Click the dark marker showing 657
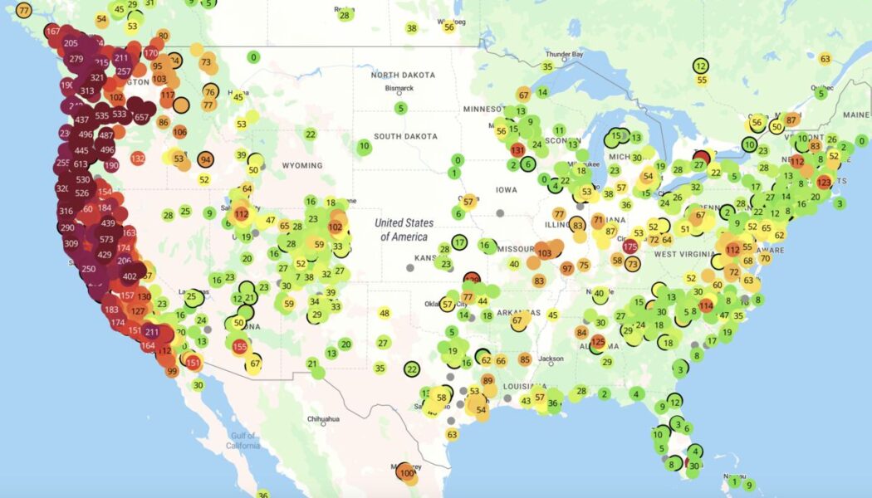point(141,117)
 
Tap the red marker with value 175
point(630,247)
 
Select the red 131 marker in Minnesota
point(517,150)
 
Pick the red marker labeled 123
point(824,182)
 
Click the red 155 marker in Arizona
point(240,347)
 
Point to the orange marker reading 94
point(204,160)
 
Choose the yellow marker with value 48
point(384,313)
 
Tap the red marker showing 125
point(597,341)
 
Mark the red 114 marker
point(706,305)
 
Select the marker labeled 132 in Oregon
point(138,159)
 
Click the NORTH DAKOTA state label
point(404,76)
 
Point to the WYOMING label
point(301,165)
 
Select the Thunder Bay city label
point(564,55)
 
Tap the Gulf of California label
point(242,441)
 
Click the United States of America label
point(404,229)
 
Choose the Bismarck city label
point(399,89)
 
